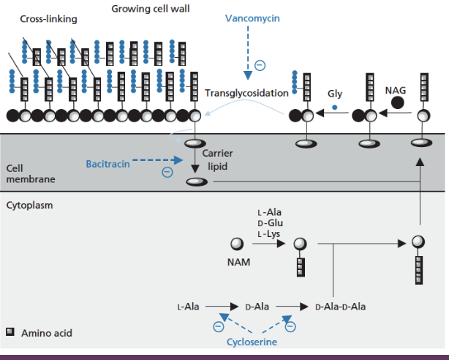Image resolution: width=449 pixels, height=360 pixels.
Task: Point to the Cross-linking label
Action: point(49,19)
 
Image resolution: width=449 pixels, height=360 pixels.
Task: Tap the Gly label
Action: point(335,94)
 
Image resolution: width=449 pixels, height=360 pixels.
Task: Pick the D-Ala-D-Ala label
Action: point(341,306)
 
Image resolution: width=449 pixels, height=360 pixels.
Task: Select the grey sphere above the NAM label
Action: point(237,244)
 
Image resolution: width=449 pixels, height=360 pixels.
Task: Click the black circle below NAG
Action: point(398,102)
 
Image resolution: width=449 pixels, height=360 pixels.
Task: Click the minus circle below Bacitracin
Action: point(167,173)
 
